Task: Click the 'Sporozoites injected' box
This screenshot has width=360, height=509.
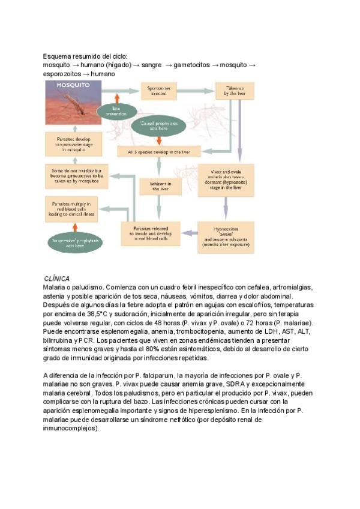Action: [159, 91]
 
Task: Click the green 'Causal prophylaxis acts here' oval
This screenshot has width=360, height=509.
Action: [158, 125]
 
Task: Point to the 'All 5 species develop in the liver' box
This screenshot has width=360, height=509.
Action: [159, 152]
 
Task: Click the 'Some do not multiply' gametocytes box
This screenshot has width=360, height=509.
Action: [76, 175]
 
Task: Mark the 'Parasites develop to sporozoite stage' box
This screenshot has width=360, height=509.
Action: [75, 145]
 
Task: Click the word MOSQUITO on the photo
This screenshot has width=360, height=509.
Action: [73, 86]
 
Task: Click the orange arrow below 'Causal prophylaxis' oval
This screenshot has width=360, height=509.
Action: [158, 139]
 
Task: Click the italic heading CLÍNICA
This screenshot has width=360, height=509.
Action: [57, 279]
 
